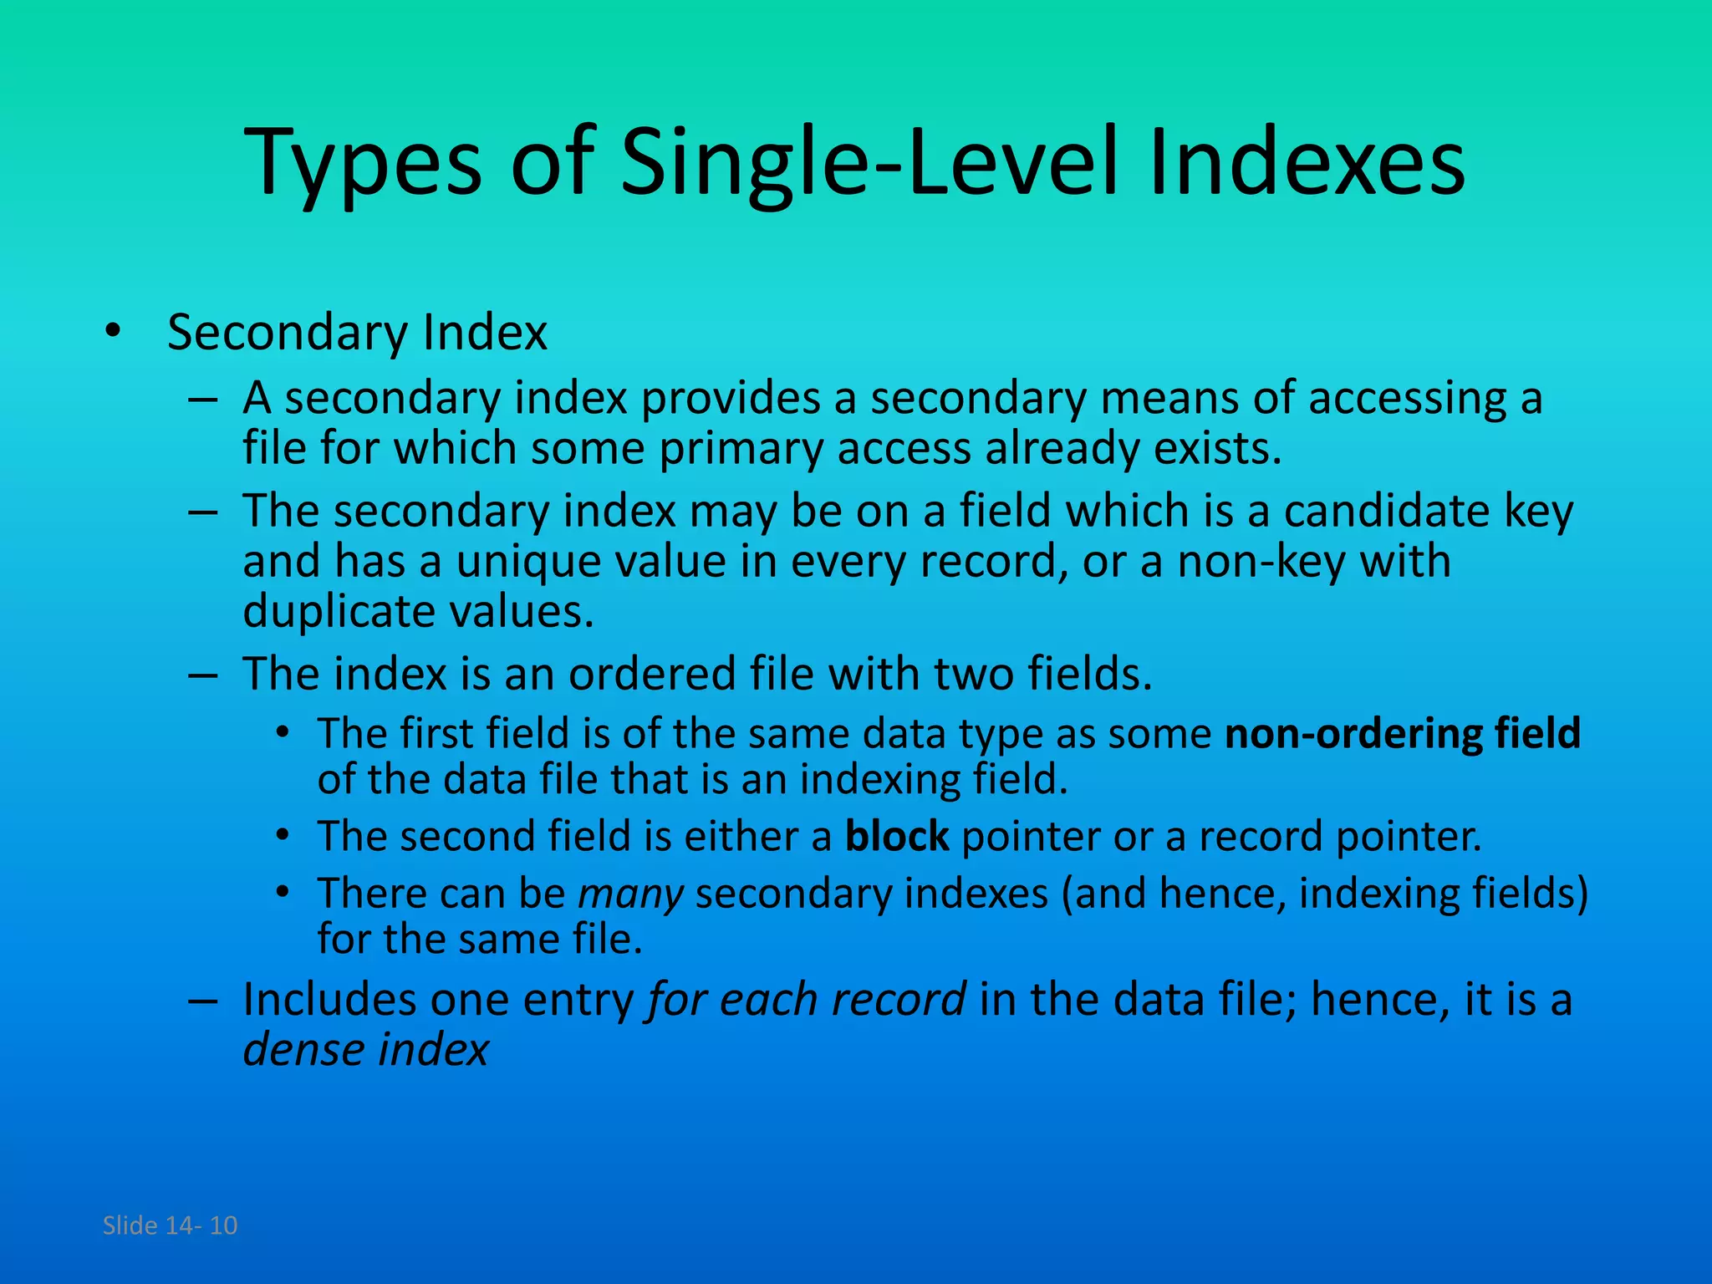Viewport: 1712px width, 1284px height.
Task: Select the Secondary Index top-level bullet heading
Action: point(357,333)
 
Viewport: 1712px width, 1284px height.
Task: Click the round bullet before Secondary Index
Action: point(113,333)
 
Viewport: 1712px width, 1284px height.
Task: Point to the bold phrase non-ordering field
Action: point(1402,733)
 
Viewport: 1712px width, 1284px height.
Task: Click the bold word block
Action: point(896,836)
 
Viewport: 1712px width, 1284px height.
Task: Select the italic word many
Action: point(631,894)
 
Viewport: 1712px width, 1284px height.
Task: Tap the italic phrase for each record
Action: point(807,1000)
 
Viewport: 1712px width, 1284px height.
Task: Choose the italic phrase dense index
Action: point(365,1050)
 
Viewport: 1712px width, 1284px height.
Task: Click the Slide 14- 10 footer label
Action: point(170,1225)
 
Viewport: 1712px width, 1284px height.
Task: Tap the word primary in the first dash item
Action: point(741,449)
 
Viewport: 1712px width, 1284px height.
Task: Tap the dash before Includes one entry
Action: point(203,1001)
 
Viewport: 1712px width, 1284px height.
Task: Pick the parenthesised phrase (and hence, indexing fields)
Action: point(1324,894)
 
